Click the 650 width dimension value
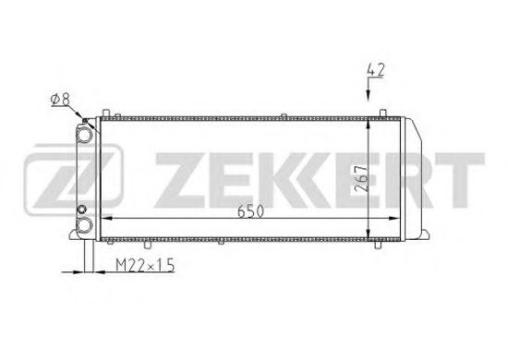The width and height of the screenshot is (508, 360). [250, 211]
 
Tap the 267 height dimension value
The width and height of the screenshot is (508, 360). [362, 179]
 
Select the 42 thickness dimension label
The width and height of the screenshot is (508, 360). [376, 70]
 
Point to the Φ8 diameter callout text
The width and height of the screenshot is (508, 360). [60, 100]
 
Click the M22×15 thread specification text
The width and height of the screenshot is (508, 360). [145, 265]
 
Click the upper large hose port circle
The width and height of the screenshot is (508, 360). [84, 135]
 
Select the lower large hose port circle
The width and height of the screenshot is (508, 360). [84, 225]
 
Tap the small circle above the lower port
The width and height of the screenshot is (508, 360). [82, 210]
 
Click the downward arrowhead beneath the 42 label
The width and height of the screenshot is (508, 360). [368, 95]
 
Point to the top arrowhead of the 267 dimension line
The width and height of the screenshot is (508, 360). [368, 124]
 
